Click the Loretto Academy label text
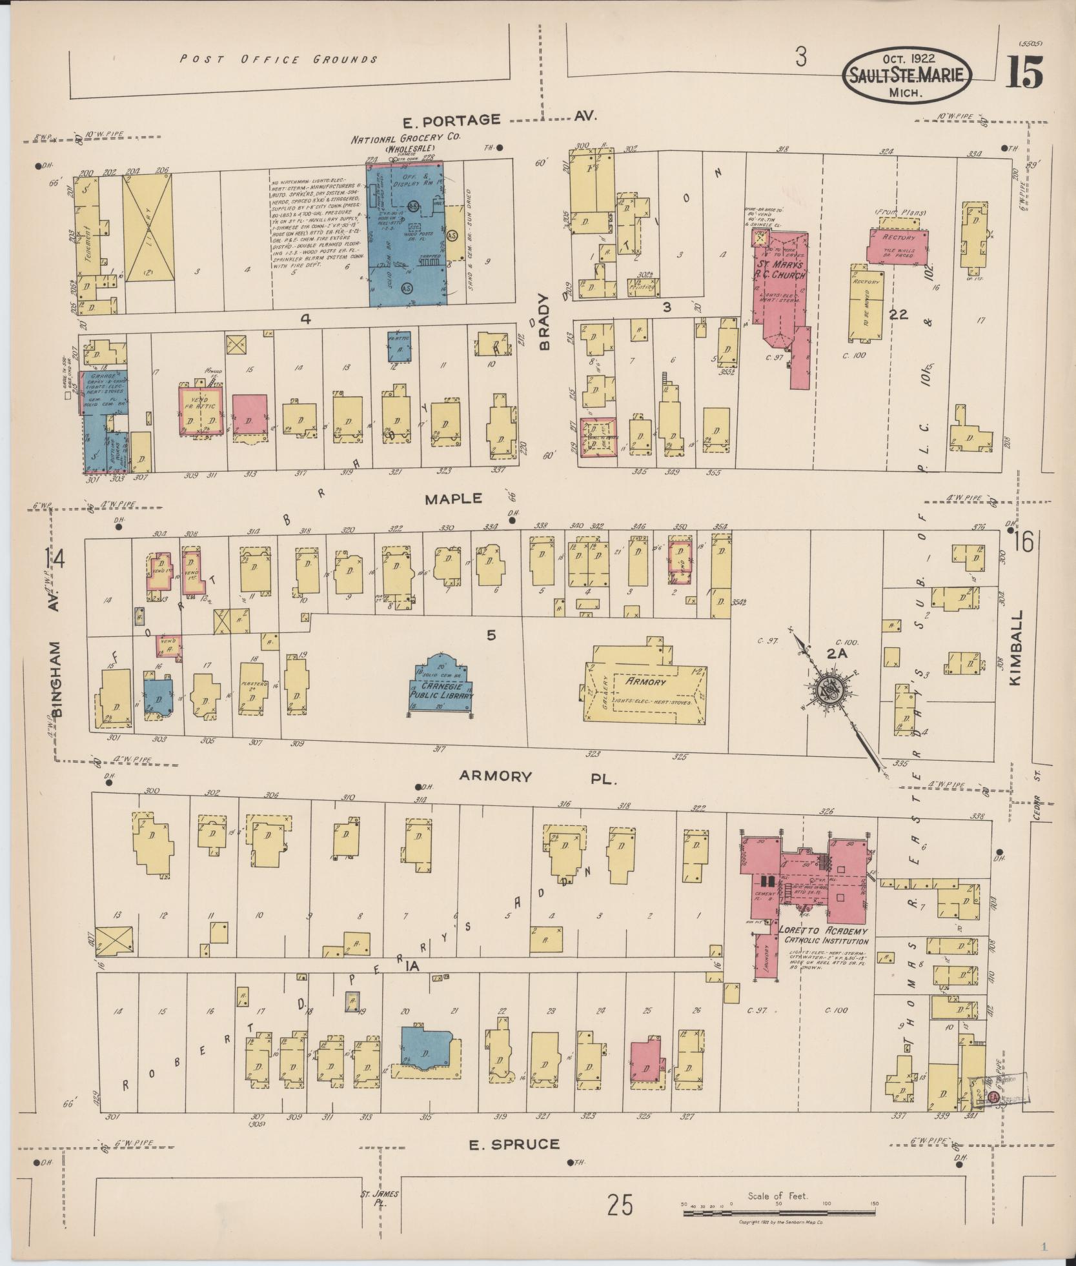pyautogui.click(x=823, y=932)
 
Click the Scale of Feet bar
pyautogui.click(x=780, y=1214)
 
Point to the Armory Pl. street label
pyautogui.click(x=538, y=776)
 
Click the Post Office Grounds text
pyautogui.click(x=278, y=59)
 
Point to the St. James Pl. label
pyautogui.click(x=380, y=1198)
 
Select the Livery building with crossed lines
pyautogui.click(x=148, y=229)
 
